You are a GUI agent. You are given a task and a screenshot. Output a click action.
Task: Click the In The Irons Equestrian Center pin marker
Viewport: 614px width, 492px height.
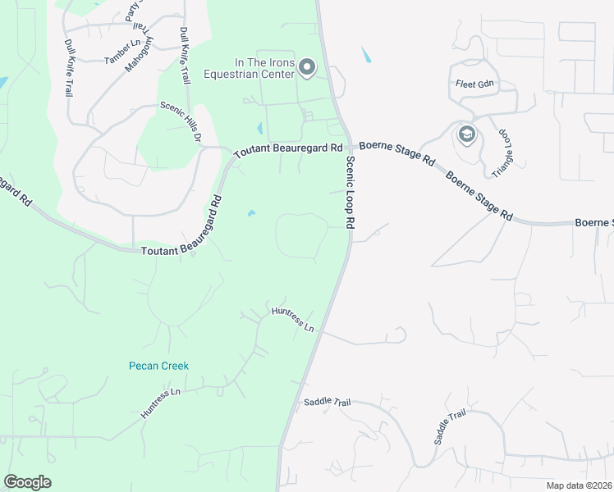307,66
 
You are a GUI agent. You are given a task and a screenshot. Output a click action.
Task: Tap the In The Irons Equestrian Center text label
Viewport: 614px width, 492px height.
263,67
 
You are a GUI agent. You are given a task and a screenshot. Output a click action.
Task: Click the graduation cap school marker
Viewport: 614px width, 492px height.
467,134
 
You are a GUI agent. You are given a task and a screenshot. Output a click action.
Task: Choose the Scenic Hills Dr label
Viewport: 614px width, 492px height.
181,120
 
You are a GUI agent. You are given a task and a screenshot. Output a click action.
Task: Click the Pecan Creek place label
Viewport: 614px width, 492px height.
159,366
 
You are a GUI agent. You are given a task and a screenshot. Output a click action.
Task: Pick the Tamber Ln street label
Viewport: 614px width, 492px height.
124,51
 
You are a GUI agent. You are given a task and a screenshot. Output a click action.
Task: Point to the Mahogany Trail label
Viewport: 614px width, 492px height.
139,49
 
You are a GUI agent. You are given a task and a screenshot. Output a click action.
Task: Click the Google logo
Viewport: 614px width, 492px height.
27,482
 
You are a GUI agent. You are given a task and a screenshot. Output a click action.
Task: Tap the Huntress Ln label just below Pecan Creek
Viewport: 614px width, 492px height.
160,403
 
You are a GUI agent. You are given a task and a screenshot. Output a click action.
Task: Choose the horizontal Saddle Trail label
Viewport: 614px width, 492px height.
328,402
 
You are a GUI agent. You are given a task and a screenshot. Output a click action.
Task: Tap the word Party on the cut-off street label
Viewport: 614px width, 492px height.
131,10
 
